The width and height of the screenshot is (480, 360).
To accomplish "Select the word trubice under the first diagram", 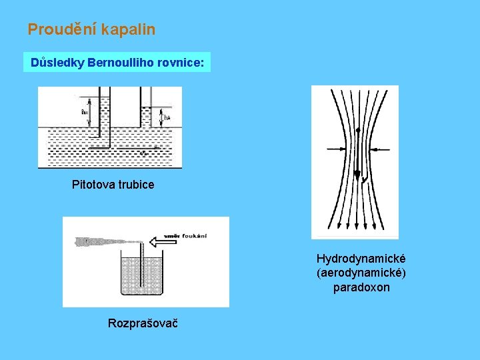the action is click(x=137, y=184).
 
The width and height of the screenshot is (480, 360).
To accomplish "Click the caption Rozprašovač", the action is click(x=142, y=323).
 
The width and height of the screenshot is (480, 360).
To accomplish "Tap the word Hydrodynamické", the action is click(x=361, y=258).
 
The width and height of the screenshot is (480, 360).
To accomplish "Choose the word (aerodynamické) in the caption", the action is click(x=361, y=273).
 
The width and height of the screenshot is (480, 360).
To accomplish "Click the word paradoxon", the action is click(x=361, y=287).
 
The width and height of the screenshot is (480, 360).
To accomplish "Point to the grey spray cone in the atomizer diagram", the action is click(x=107, y=241).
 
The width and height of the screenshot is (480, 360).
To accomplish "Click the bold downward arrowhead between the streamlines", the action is click(x=357, y=175).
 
